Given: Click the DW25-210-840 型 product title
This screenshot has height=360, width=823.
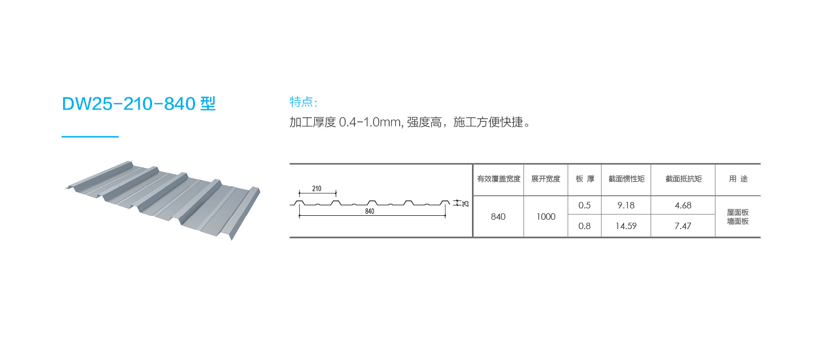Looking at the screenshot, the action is click(139, 104).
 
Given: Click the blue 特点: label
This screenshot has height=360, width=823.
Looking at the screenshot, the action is click(303, 102).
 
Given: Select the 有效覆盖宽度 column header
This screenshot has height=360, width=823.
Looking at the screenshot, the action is click(499, 179).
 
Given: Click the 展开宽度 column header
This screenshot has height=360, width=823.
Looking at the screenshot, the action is click(546, 179).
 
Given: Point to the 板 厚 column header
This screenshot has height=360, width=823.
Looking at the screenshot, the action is click(585, 179).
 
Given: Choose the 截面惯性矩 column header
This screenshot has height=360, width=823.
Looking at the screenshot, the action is click(627, 179).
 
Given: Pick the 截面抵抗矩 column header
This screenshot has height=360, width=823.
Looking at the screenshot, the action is click(683, 179).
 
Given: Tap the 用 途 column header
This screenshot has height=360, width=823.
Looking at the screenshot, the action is click(738, 179).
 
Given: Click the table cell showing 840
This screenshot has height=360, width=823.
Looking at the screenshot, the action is click(498, 217).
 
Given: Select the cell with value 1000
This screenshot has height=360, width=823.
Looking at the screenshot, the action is click(546, 217).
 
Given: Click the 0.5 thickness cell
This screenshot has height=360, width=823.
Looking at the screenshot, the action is click(585, 205).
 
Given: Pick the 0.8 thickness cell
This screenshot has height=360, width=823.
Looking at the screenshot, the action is click(585, 226).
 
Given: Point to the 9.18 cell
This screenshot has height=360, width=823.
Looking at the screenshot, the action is click(626, 205).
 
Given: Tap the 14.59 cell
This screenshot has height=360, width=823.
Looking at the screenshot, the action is click(626, 226).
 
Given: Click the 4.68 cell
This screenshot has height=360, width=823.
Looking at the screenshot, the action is click(683, 205).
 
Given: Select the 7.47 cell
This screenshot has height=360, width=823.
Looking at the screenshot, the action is click(683, 226).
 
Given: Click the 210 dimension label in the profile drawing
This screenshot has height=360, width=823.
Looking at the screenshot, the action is click(316, 189).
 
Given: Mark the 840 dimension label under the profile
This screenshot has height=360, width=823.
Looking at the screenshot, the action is click(370, 211).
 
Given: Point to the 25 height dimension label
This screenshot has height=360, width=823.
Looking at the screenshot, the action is click(466, 203).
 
